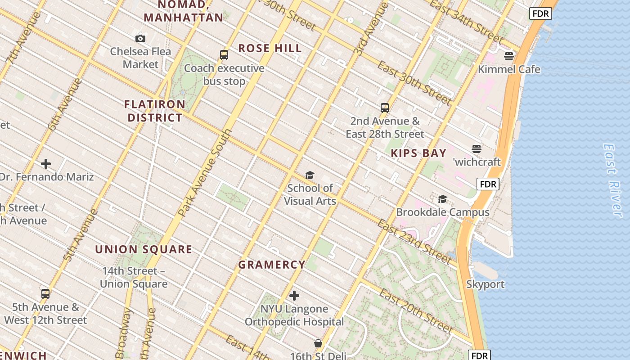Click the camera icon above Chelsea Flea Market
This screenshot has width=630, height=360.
click(140, 39)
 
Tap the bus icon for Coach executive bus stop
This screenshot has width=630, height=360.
click(224, 55)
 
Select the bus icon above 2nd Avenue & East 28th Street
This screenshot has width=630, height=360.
click(385, 108)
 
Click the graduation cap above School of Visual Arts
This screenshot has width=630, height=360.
click(310, 175)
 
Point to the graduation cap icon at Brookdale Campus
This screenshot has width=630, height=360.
click(443, 199)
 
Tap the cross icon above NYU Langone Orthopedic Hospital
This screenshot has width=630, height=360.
click(294, 296)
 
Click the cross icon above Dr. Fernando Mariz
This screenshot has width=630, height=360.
click(46, 164)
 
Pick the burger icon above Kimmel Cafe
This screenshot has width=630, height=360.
click(509, 56)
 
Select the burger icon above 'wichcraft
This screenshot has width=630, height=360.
click(477, 149)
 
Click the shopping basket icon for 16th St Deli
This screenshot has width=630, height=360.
click(318, 343)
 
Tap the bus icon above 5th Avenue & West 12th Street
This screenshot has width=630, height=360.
click(45, 294)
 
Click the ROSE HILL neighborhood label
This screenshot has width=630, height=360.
click(270, 49)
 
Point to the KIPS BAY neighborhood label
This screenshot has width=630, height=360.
click(418, 153)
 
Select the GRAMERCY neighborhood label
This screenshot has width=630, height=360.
click(272, 265)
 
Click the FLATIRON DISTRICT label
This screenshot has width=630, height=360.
click(155, 111)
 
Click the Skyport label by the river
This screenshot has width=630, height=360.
click(485, 284)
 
